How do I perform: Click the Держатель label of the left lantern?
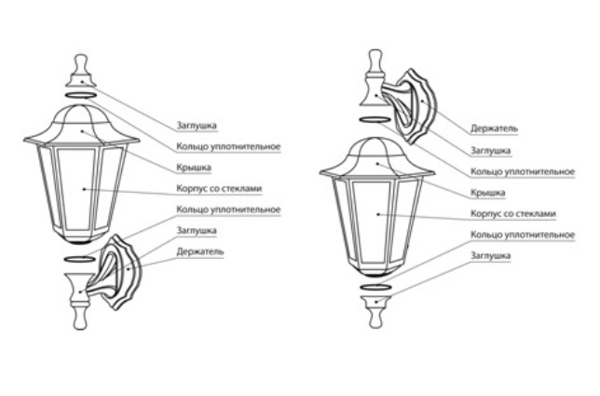coord(201,252)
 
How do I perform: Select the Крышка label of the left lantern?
coord(194,168)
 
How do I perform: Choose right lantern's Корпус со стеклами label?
coord(513,213)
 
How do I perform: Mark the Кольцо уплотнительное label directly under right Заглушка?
coord(522,171)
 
